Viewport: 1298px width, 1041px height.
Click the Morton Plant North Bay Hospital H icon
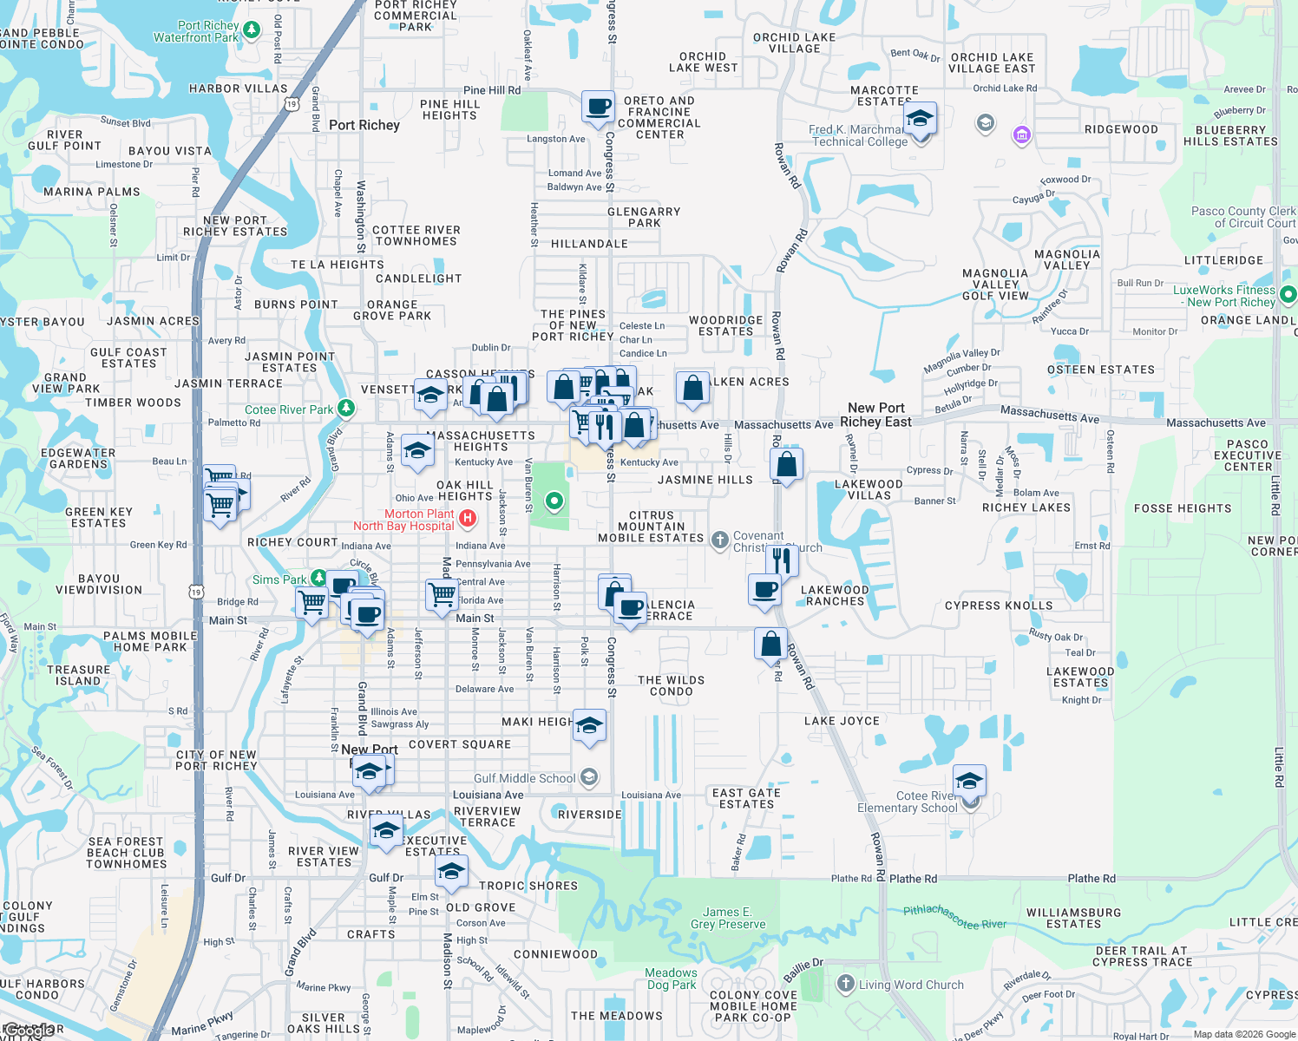[x=468, y=519]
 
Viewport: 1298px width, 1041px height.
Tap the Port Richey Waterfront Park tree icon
[x=252, y=30]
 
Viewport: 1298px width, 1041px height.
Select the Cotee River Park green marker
[x=345, y=407]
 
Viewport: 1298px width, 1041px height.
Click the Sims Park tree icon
[x=318, y=578]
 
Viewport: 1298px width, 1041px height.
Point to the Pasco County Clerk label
[x=1243, y=217]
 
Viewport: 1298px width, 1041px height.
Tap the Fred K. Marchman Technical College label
[x=858, y=135]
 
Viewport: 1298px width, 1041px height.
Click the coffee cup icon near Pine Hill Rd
[x=598, y=108]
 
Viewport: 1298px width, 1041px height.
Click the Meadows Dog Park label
[x=671, y=979]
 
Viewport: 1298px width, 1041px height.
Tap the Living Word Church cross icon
[x=846, y=984]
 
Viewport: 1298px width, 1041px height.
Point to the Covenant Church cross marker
[x=719, y=540]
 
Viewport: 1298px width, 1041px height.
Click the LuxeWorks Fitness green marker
[x=1288, y=295]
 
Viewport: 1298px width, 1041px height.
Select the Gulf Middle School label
[x=524, y=778]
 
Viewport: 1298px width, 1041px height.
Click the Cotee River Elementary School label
[x=908, y=802]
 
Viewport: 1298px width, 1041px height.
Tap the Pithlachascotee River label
[x=954, y=917]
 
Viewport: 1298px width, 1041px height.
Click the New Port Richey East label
[x=875, y=415]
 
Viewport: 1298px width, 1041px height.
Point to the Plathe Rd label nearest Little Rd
[x=1091, y=879]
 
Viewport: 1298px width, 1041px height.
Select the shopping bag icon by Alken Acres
[x=692, y=390]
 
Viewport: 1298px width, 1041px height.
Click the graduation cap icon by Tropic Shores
[x=451, y=872]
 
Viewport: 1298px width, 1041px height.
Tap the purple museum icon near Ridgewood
[x=1021, y=134]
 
